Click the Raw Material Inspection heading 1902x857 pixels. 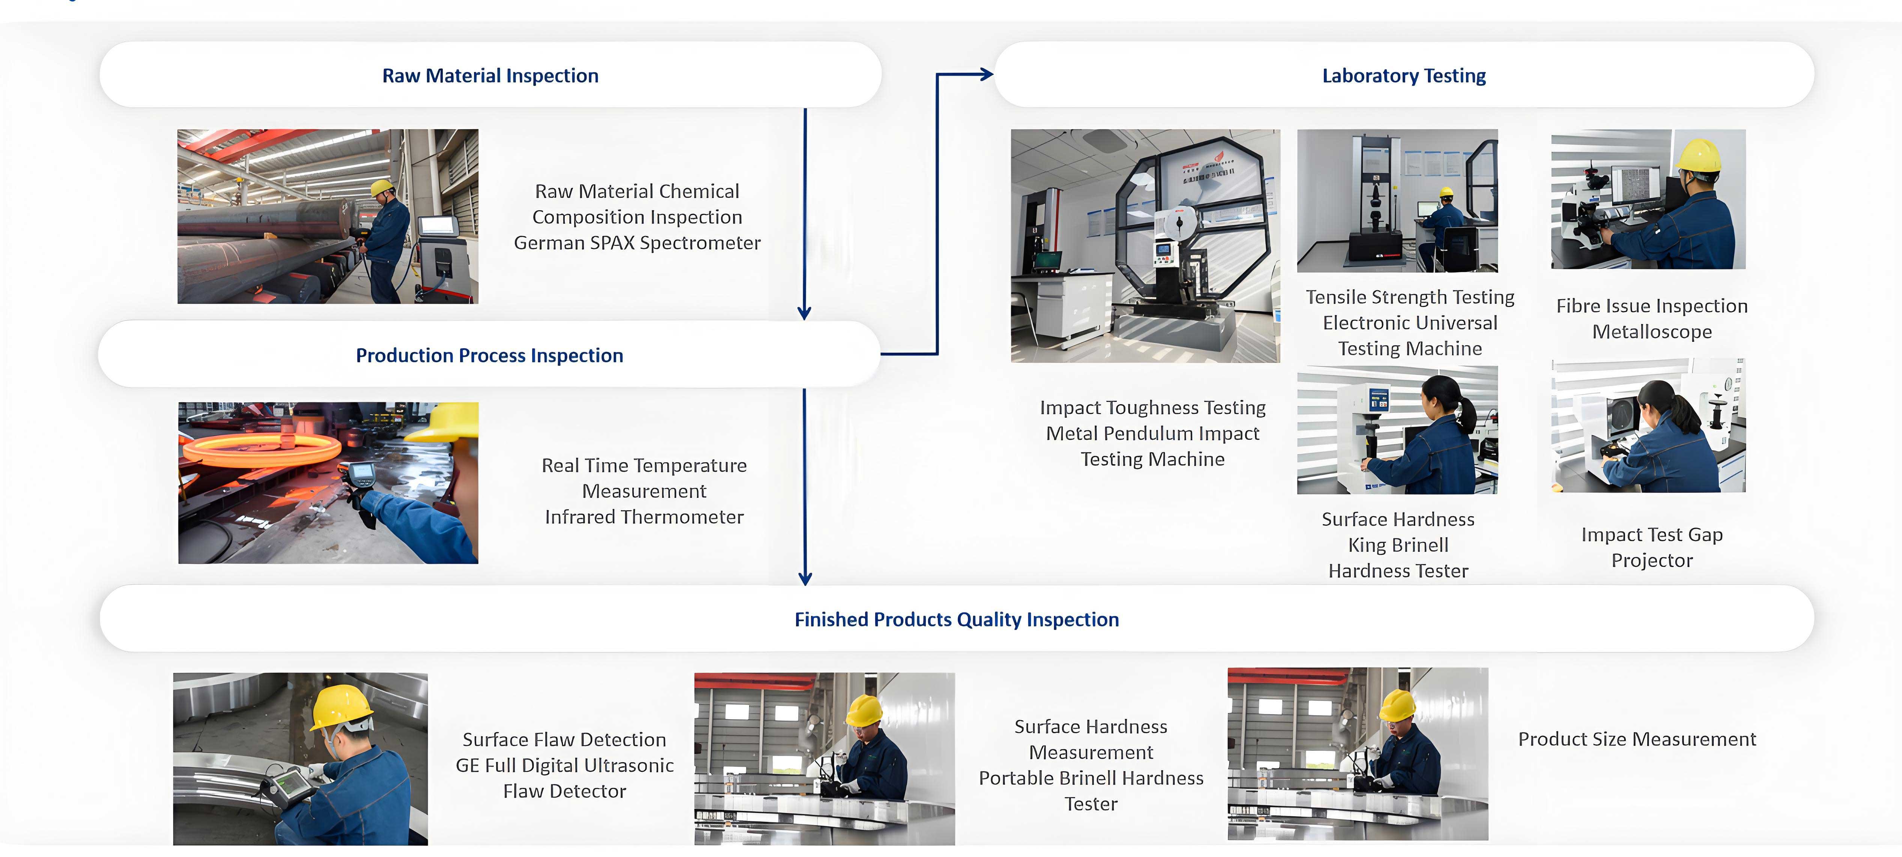pos(490,75)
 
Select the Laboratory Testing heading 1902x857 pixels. pos(1404,75)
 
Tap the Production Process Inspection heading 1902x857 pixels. pos(489,355)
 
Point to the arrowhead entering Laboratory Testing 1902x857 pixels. pos(986,74)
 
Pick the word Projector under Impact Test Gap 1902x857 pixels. pos(1652,560)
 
